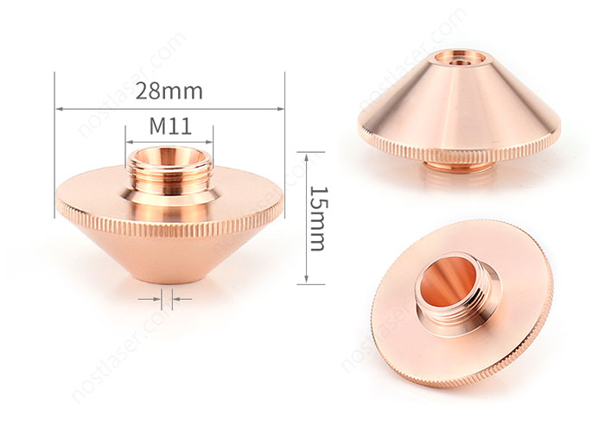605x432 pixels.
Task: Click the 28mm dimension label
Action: tap(169, 90)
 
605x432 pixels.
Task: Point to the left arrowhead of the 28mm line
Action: tap(59, 108)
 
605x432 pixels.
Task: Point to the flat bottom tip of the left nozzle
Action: tap(169, 279)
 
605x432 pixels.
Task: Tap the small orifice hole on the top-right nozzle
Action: tap(455, 60)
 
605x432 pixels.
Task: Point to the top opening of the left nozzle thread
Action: tap(169, 156)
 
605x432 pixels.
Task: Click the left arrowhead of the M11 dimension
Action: tap(129, 139)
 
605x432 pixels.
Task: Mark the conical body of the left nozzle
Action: tap(169, 255)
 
